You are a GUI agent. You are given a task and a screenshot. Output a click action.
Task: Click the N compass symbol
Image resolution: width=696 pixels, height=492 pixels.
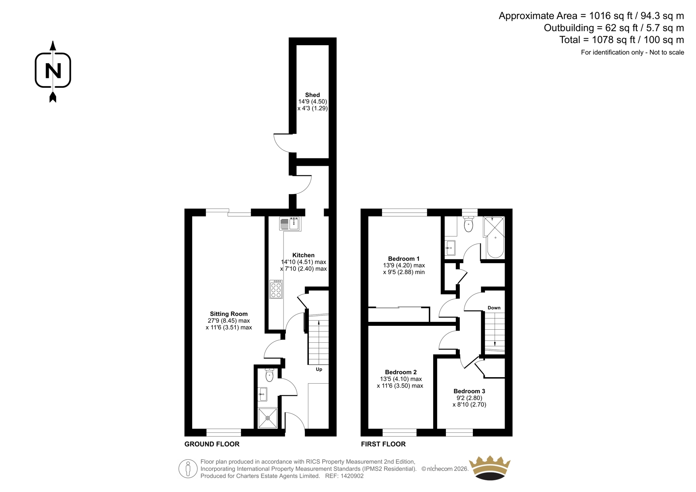point(53,71)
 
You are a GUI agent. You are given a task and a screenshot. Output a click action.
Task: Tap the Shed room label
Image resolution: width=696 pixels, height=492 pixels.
point(312,95)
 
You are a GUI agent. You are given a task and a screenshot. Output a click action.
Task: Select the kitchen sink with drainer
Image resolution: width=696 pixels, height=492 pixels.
point(290,224)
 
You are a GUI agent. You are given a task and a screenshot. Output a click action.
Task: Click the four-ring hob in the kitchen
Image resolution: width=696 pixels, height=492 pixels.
point(276,289)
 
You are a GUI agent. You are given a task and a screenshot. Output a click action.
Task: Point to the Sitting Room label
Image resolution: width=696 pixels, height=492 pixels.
point(229,314)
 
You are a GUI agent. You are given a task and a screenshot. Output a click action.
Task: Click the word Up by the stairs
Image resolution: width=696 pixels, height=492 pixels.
point(319,369)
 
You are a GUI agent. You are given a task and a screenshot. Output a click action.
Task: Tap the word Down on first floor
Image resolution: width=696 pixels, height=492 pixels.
point(494,308)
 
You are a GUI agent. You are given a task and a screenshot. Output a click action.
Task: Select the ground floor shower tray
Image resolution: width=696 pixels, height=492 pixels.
point(268,418)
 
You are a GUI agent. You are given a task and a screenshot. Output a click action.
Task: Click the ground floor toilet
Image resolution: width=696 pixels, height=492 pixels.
point(269,375)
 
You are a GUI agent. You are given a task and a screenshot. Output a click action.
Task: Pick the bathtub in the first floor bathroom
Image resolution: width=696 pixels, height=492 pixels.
point(495,245)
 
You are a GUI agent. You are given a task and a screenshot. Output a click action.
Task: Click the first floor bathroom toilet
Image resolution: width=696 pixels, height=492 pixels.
point(468,224)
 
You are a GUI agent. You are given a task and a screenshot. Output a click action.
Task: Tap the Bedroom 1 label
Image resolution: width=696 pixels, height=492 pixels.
point(404,258)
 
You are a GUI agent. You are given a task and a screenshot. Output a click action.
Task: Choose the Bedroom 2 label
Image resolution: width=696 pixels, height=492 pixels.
point(401,372)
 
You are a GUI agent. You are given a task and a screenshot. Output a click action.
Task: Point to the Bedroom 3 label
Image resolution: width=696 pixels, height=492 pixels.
point(469,391)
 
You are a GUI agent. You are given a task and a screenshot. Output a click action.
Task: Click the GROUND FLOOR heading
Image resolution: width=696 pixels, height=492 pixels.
point(212,444)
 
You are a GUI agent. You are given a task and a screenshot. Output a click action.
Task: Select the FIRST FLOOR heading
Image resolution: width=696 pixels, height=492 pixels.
point(383,444)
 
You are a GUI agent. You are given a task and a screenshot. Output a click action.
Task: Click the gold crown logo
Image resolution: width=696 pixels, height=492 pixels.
point(489,468)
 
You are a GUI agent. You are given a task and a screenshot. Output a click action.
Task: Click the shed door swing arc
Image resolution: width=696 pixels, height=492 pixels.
point(281,146)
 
